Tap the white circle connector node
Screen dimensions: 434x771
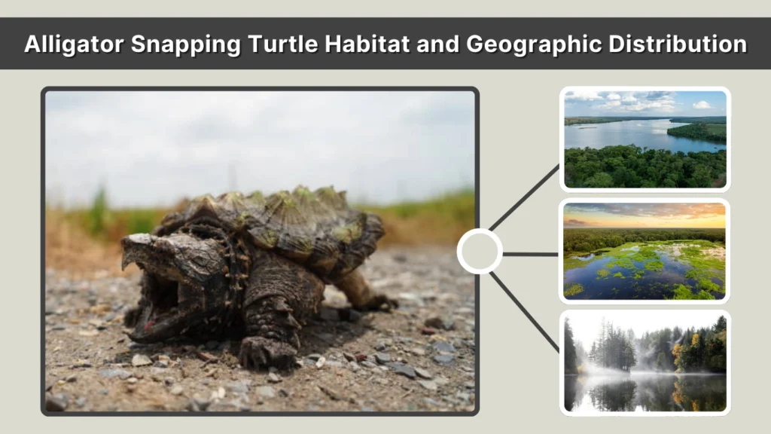point(480,252)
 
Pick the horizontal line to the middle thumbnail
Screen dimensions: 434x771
point(531,253)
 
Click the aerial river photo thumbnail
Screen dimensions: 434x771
point(645,139)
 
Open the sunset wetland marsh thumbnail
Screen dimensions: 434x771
point(645,251)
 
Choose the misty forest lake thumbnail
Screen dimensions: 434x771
point(645,362)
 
